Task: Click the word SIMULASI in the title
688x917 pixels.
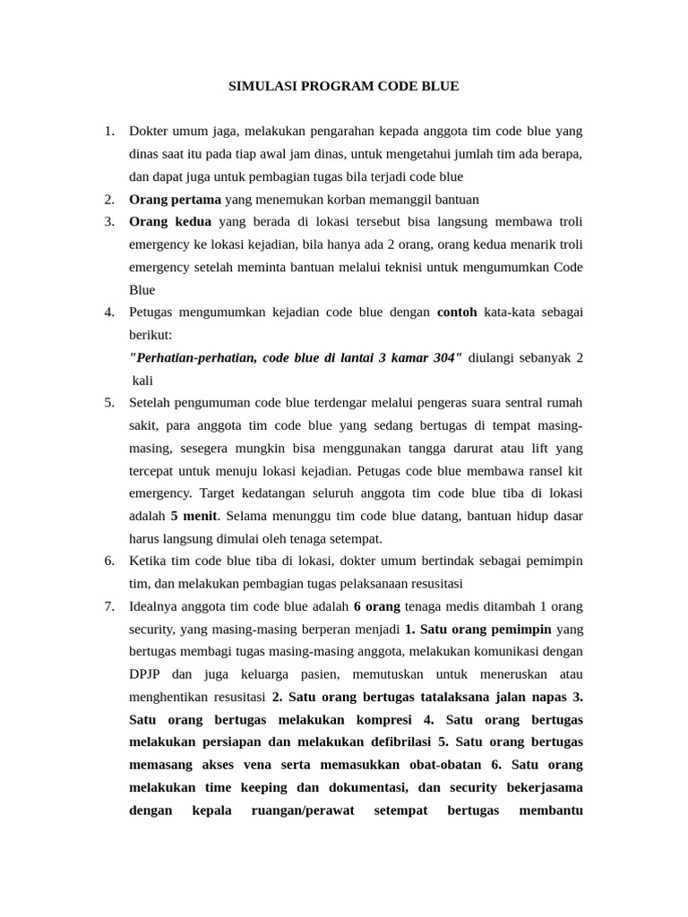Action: tap(260, 86)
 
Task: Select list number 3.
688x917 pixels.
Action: tap(109, 221)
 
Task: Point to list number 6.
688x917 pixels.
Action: tap(109, 561)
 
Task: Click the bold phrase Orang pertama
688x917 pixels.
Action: tap(175, 199)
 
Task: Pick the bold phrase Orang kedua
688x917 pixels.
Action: tap(170, 221)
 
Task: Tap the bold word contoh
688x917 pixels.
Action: tap(457, 312)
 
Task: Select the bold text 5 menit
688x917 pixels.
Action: tap(194, 516)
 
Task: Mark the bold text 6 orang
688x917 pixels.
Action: tap(376, 606)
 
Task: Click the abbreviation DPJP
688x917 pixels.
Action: tap(147, 674)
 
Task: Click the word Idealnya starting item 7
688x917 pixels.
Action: tap(159, 606)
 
